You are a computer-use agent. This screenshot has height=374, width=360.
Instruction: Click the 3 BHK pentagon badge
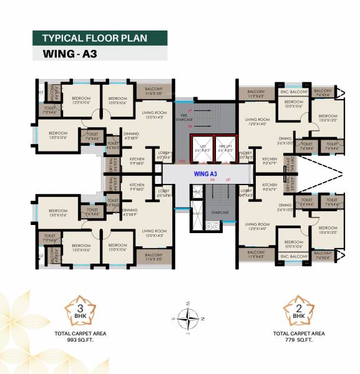click(79, 309)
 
